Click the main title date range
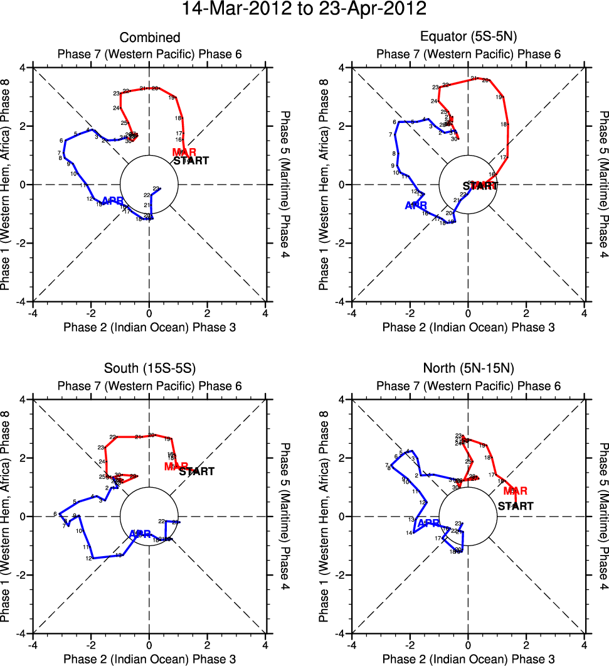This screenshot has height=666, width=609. pyautogui.click(x=304, y=10)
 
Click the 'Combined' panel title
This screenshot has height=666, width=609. pyautogui.click(x=149, y=38)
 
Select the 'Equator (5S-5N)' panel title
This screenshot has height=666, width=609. pyautogui.click(x=468, y=38)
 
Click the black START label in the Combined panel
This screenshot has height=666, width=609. pyautogui.click(x=191, y=161)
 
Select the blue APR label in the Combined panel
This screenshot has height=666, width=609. pyautogui.click(x=112, y=201)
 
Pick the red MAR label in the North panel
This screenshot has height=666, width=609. pyautogui.click(x=515, y=491)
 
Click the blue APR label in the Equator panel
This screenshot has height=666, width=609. pyautogui.click(x=415, y=205)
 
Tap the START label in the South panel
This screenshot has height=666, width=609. pyautogui.click(x=196, y=471)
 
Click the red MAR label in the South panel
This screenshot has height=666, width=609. pyautogui.click(x=176, y=466)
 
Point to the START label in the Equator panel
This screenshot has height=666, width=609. pyautogui.click(x=480, y=186)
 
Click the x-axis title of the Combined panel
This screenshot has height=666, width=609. pyautogui.click(x=149, y=327)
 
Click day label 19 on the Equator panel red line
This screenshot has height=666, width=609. pyautogui.click(x=499, y=97)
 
